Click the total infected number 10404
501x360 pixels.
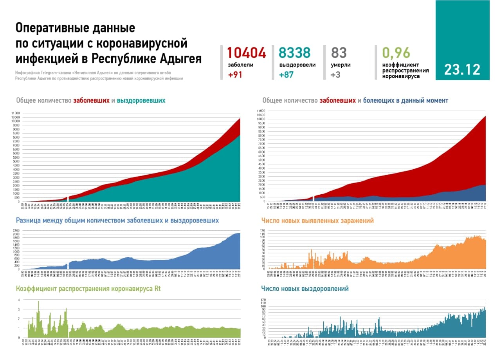(x=246, y=53)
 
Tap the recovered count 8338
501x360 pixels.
(x=294, y=53)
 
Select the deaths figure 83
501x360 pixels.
(x=339, y=53)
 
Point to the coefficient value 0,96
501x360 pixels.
(x=396, y=52)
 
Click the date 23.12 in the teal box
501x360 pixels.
(x=462, y=70)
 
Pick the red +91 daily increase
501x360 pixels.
(x=235, y=75)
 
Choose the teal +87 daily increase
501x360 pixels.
(x=286, y=75)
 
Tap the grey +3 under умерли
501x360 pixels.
(x=335, y=75)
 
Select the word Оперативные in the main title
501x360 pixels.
(x=49, y=28)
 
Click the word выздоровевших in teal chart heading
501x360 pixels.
(x=141, y=101)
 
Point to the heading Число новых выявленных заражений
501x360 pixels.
(x=317, y=221)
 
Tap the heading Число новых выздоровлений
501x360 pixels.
(x=305, y=289)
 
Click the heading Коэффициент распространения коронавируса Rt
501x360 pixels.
(x=88, y=289)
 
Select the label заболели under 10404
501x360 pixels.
(x=240, y=65)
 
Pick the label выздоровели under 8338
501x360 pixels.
(x=297, y=65)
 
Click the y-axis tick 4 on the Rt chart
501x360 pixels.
(x=18, y=300)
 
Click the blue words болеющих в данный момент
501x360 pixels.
(x=405, y=101)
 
